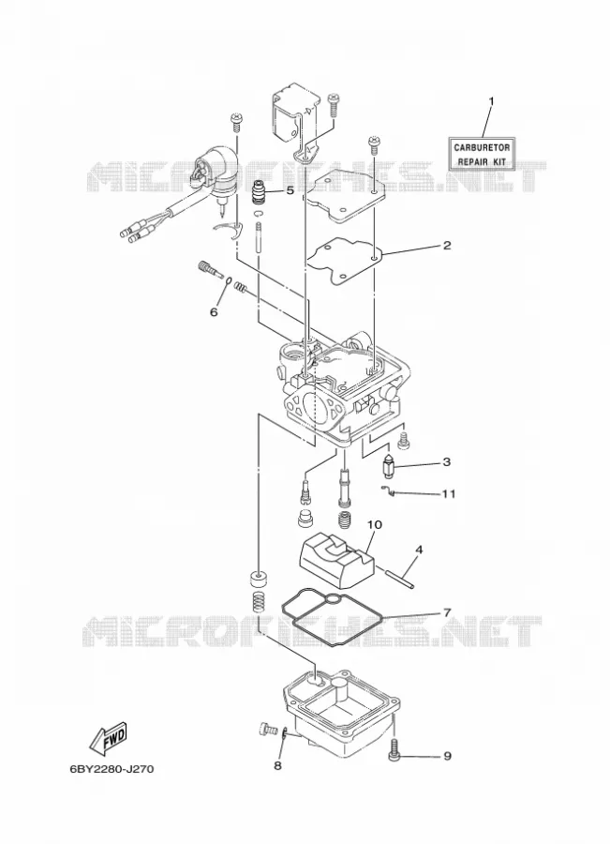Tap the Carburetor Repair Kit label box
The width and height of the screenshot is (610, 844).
coord(482,154)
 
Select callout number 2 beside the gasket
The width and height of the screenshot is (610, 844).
coord(446,246)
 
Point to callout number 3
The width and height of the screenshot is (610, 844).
coord(446,461)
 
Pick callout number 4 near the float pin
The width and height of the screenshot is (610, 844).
coord(419,550)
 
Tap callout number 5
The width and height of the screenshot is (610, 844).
coord(290,190)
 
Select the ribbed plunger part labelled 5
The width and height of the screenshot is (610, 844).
coord(260,192)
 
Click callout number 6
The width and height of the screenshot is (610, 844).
coord(214,311)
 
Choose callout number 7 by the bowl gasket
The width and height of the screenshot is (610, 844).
coord(446,612)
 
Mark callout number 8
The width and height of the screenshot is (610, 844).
coord(277,765)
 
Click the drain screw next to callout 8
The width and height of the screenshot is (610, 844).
coord(266,730)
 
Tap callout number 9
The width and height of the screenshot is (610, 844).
coord(448,756)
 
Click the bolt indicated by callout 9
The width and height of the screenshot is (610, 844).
coord(394,749)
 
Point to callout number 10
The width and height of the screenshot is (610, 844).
coord(375,523)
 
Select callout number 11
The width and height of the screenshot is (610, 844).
coord(449,493)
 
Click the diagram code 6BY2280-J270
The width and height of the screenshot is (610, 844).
coord(112,769)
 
